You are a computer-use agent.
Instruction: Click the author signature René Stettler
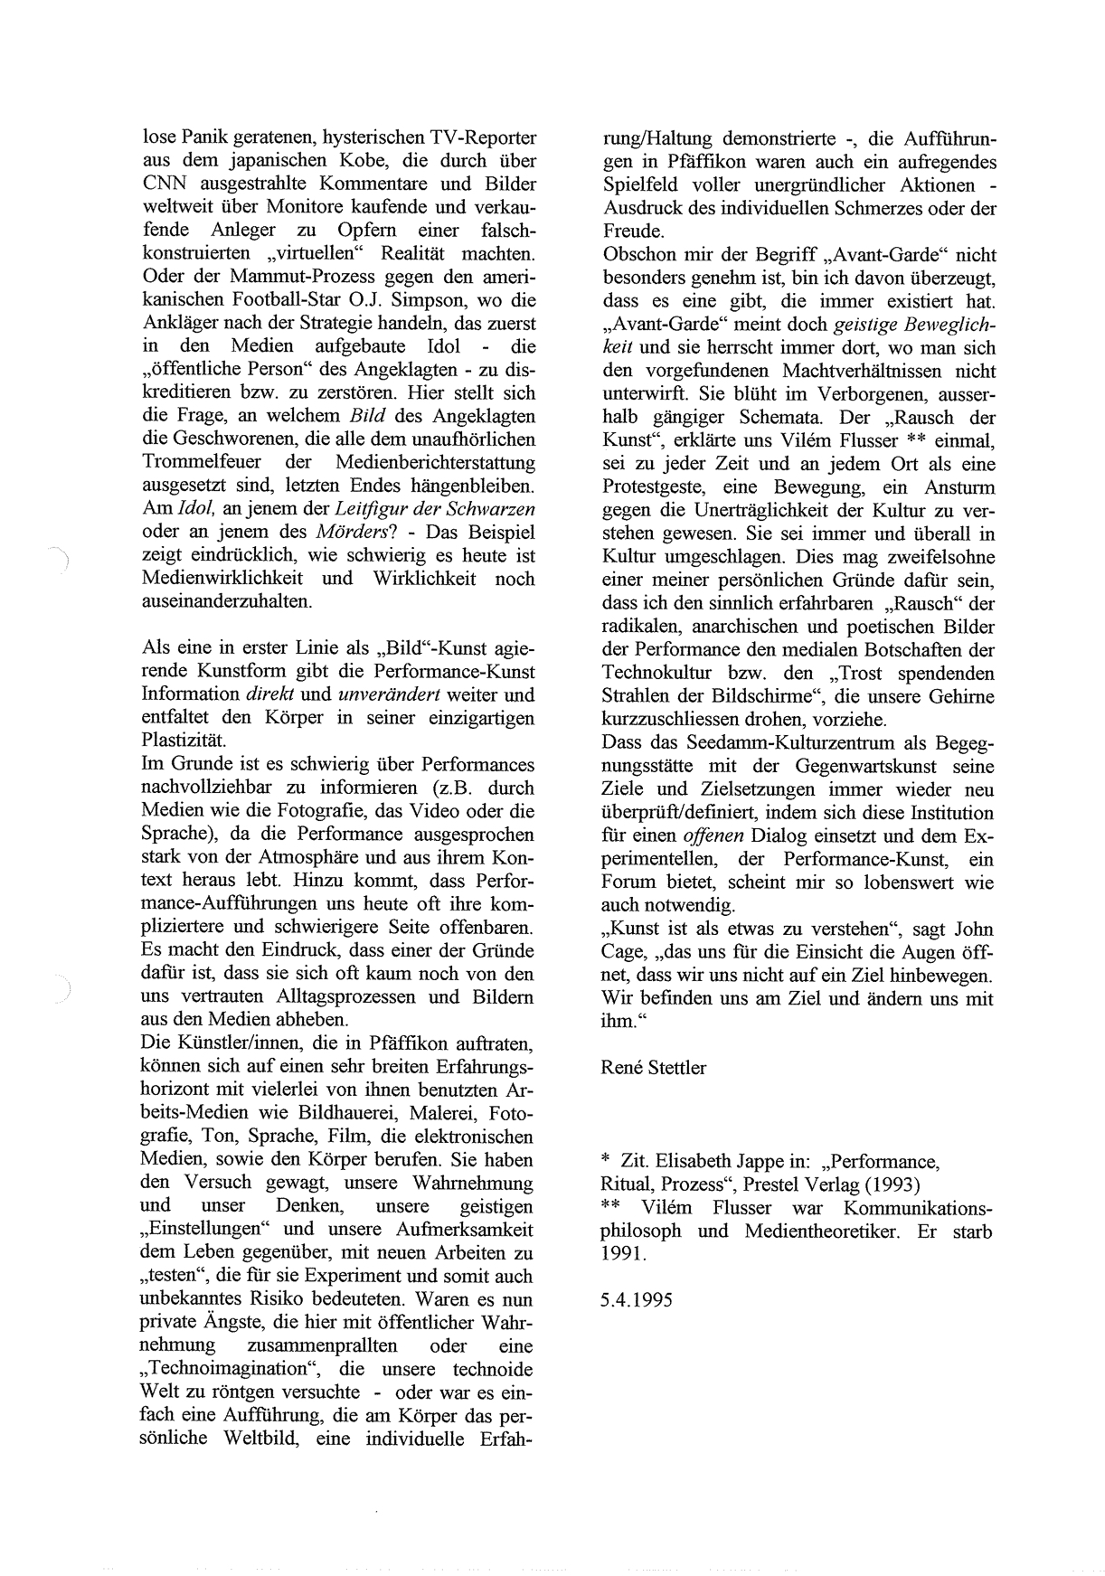[654, 1068]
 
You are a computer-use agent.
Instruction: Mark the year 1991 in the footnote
[620, 1254]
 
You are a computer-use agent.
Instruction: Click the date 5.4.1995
[637, 1300]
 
